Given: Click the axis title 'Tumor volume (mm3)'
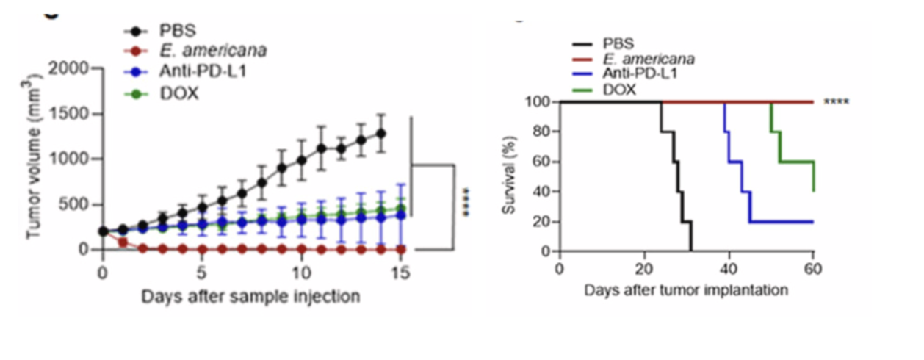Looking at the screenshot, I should [32, 157].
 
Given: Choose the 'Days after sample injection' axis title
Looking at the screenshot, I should [250, 297].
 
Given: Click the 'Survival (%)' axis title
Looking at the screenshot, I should [508, 177].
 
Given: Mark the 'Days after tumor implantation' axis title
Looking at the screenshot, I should [686, 289].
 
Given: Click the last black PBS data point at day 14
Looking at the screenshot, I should [380, 134].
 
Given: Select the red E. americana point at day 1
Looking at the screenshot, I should [123, 242].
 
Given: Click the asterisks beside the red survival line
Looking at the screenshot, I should [836, 102].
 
